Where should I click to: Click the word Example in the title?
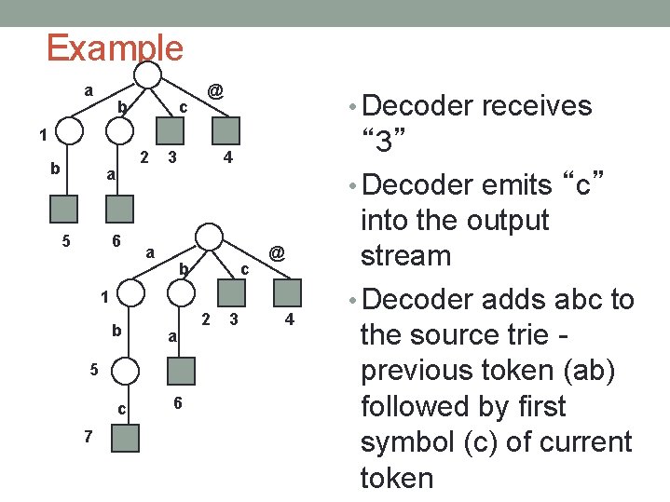[x=115, y=47]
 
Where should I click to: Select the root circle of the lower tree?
[x=211, y=237]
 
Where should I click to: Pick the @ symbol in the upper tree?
[x=214, y=91]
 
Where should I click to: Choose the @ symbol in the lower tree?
[x=277, y=252]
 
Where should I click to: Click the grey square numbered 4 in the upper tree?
[x=227, y=130]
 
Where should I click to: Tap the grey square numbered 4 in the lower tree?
[x=290, y=292]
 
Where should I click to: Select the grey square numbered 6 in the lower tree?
[x=183, y=372]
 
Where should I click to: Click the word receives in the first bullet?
[x=538, y=106]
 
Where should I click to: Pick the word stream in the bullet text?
[x=405, y=256]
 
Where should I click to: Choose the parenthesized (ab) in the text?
[x=601, y=370]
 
